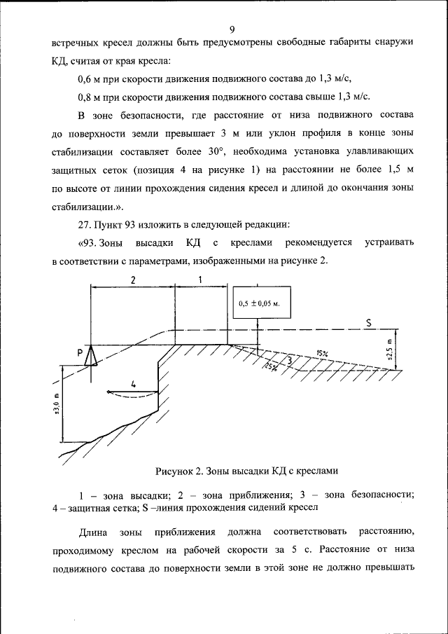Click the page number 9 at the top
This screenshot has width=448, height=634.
coord(232,29)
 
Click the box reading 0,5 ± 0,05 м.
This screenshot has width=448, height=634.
coord(258,303)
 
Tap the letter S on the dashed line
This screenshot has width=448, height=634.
coord(368,322)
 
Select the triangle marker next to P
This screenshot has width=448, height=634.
coord(90,357)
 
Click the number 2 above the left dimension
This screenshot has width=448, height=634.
coord(132,280)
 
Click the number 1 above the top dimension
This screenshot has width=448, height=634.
coord(200,280)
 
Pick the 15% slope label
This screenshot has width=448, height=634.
coord(321,353)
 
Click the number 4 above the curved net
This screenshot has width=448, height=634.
coord(132,383)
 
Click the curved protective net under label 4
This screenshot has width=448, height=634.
coord(132,394)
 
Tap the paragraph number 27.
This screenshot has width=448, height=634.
coord(84,224)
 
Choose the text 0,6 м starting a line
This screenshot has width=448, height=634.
coord(91,78)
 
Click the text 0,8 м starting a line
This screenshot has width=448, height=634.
coord(91,96)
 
